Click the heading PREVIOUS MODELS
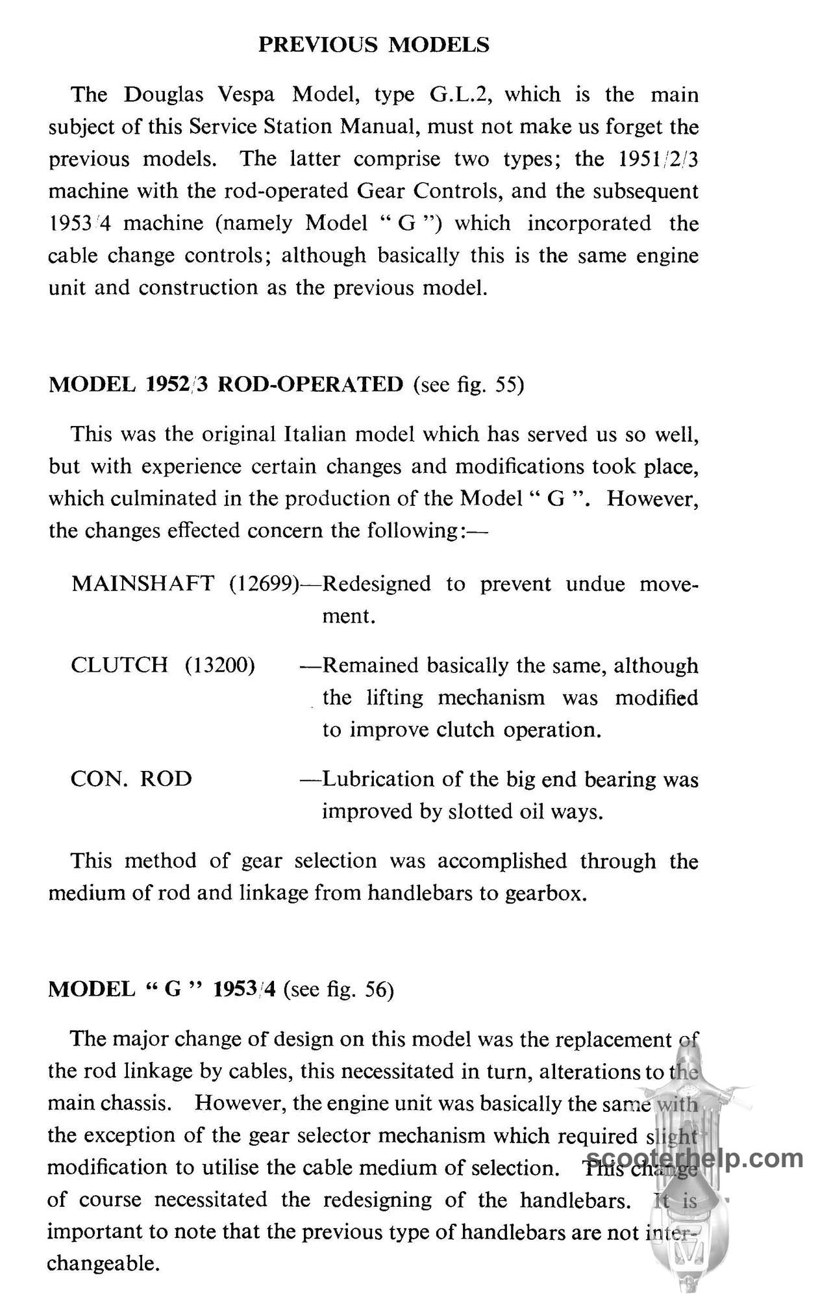point(374,45)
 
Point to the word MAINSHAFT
point(142,584)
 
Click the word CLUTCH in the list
point(119,665)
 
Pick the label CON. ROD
point(131,779)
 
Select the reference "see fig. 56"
point(339,989)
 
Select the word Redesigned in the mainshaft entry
point(377,584)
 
